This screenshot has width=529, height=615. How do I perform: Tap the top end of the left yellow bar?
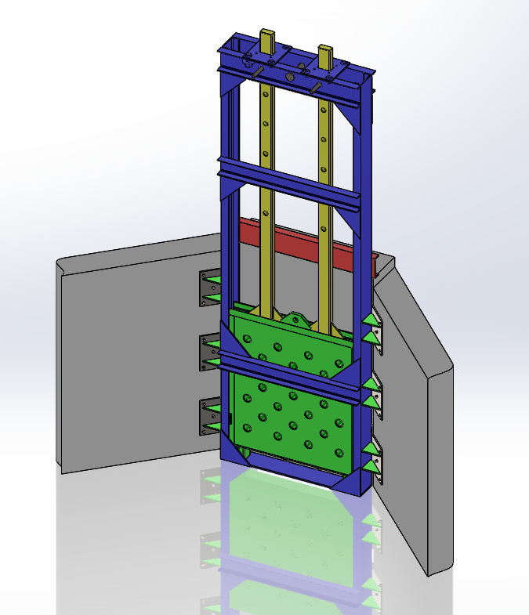coord(268,36)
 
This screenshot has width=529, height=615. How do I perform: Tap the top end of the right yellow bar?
coord(326,52)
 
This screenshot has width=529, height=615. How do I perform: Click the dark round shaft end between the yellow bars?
coord(289,77)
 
